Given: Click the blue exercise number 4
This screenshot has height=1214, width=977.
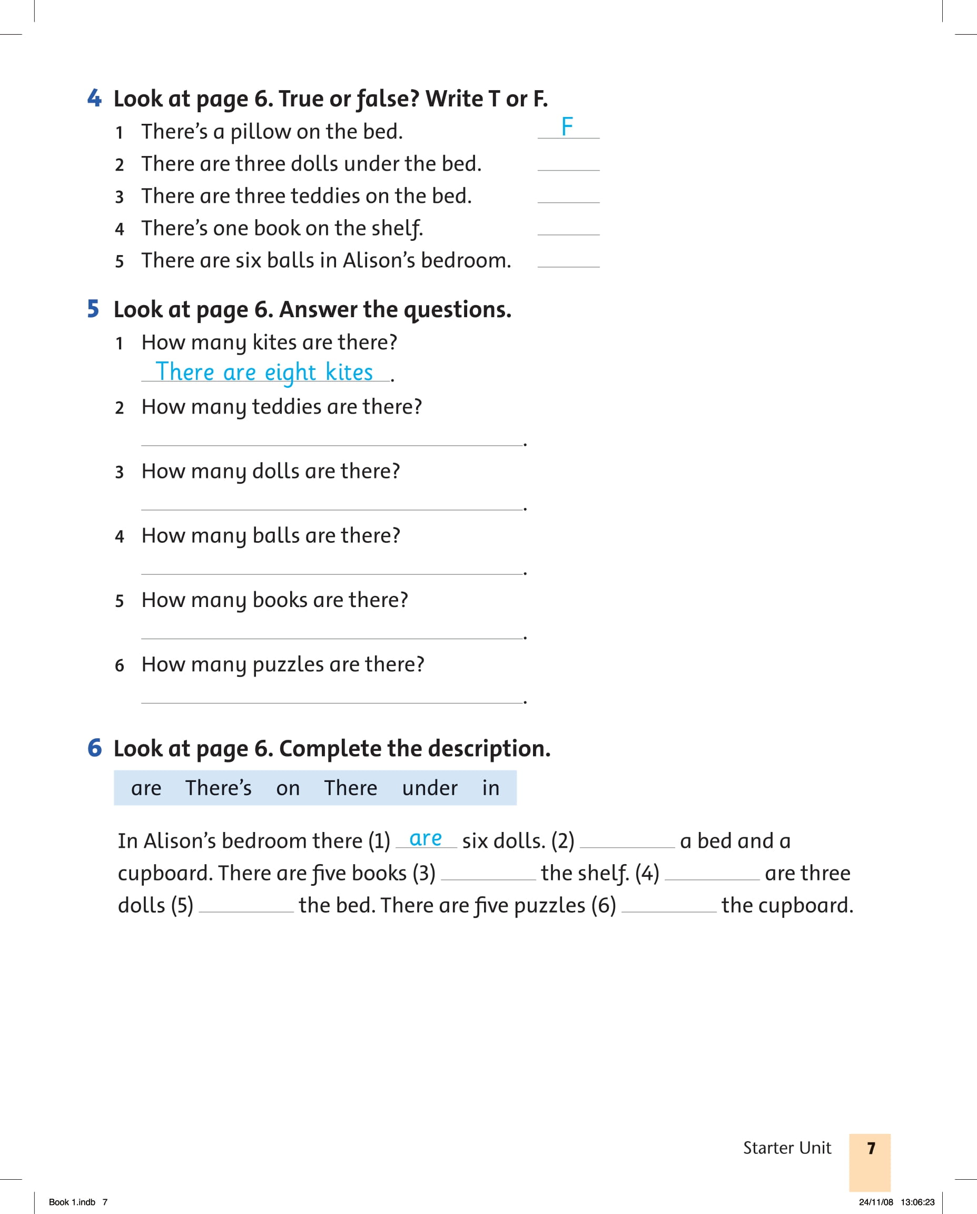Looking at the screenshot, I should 94,98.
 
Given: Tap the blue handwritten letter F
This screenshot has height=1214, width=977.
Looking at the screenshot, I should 567,126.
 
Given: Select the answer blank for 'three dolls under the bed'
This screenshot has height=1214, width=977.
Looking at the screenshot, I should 568,164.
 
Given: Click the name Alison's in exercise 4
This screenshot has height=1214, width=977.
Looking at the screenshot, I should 379,261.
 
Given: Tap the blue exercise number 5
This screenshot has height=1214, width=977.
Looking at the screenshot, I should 93,309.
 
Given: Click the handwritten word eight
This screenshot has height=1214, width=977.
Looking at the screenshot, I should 290,373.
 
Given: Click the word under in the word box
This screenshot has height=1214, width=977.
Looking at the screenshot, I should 429,788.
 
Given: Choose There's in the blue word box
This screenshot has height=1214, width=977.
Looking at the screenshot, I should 219,788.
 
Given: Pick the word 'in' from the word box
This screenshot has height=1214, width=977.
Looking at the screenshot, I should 491,788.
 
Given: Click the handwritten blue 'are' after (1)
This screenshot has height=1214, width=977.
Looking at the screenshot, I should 426,839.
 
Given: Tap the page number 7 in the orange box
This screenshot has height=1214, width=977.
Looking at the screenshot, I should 871,1148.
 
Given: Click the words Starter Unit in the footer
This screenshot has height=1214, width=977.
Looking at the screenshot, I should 787,1148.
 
